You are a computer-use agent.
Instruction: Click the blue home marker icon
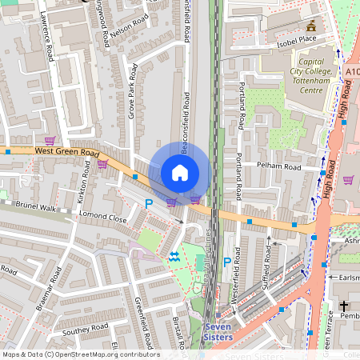point(180,173)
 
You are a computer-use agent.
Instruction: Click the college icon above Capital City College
point(312,26)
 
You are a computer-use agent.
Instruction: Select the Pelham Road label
point(278,166)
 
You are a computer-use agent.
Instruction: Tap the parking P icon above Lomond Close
point(148,205)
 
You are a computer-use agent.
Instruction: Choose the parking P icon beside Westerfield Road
point(226,262)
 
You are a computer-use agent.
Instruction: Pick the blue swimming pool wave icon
point(174,255)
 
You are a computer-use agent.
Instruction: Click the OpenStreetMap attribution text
point(80,354)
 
